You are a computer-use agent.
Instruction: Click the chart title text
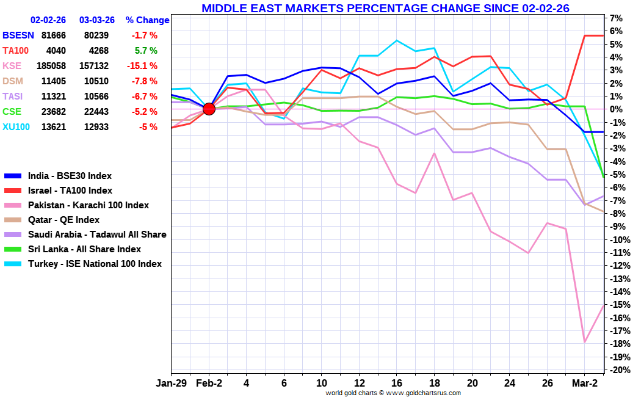[x=385, y=8]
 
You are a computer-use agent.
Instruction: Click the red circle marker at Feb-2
[x=209, y=109]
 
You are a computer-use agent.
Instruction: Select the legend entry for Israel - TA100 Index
[x=70, y=191]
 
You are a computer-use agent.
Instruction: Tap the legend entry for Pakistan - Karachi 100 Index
[x=88, y=205]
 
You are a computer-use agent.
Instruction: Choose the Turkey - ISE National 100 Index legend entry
[x=95, y=264]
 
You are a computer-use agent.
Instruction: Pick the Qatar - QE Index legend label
[x=63, y=220]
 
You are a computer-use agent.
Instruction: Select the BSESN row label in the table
[x=18, y=35]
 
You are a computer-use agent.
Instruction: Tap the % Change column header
[x=147, y=20]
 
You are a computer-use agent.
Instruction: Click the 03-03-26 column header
[x=96, y=20]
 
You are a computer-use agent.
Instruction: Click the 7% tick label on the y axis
[x=617, y=18]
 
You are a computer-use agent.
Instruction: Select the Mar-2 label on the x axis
[x=585, y=384]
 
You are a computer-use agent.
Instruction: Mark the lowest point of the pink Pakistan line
[x=585, y=342]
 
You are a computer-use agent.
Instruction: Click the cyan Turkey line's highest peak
[x=397, y=40]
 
